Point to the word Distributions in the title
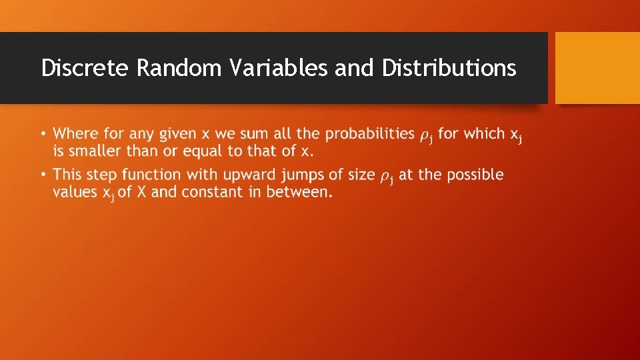click(449, 68)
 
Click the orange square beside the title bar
click(597, 67)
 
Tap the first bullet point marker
click(43, 134)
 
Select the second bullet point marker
click(43, 175)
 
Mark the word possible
click(475, 175)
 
